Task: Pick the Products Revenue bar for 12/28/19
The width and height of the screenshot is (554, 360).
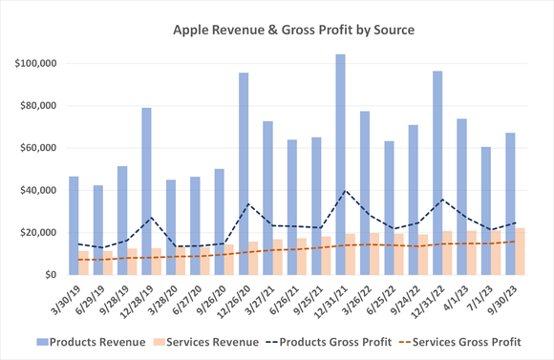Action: pyautogui.click(x=146, y=191)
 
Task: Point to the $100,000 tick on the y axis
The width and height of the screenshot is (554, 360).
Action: pyautogui.click(x=38, y=64)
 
